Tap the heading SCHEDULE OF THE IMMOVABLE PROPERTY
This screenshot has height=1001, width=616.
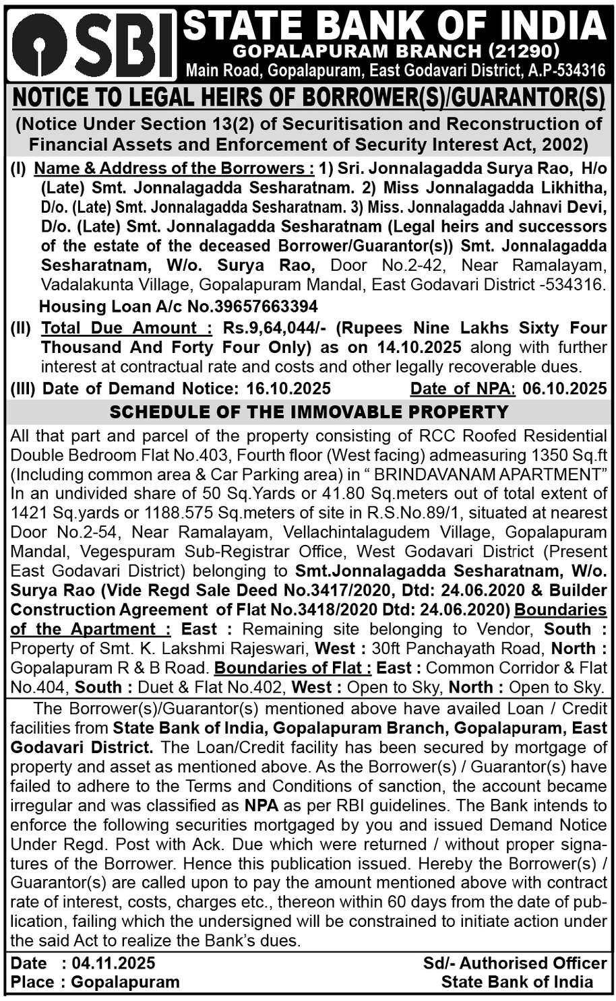(309, 412)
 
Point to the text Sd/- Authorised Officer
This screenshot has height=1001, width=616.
(516, 963)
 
